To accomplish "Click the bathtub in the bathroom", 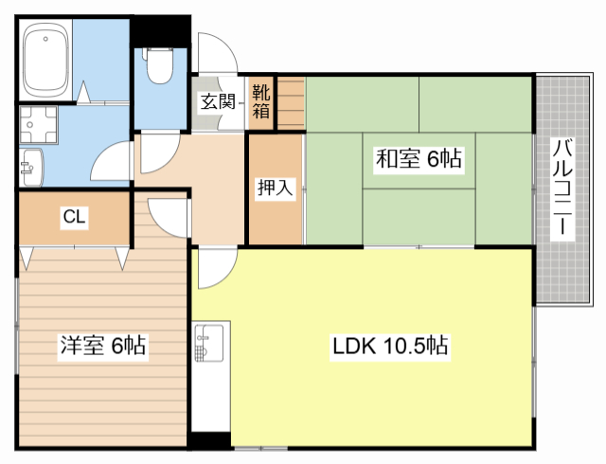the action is pyautogui.click(x=46, y=61).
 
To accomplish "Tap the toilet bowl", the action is pyautogui.click(x=160, y=65).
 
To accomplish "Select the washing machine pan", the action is pyautogui.click(x=38, y=125).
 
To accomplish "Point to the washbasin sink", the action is pyautogui.click(x=31, y=168).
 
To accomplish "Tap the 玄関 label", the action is pyautogui.click(x=217, y=102).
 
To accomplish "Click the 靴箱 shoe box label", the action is pyautogui.click(x=261, y=102).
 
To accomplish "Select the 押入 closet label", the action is pyautogui.click(x=275, y=187).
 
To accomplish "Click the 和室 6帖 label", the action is pyautogui.click(x=419, y=158).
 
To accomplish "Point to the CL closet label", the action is pyautogui.click(x=74, y=216).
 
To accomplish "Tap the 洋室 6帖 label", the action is pyautogui.click(x=103, y=346).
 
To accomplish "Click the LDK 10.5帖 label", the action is pyautogui.click(x=390, y=346).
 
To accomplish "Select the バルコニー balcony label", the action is pyautogui.click(x=562, y=187).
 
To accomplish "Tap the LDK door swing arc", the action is pyautogui.click(x=226, y=277).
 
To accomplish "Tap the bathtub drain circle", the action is pyautogui.click(x=45, y=39).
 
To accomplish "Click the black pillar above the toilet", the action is pyautogui.click(x=160, y=31).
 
